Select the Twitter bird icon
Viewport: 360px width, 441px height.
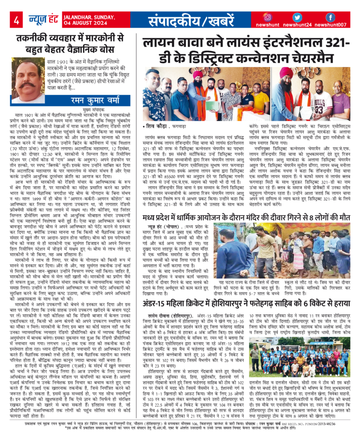click(300, 17)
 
